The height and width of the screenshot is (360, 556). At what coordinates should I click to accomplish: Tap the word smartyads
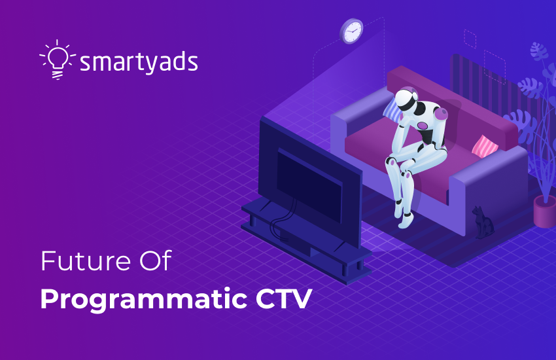coord(138,63)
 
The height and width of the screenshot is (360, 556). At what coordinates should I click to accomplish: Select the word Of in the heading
coord(156,262)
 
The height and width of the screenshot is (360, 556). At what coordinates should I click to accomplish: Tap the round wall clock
coord(352,31)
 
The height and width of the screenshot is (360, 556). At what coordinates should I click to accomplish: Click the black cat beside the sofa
coord(483,223)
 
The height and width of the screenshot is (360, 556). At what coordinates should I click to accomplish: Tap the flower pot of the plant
coord(544,211)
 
